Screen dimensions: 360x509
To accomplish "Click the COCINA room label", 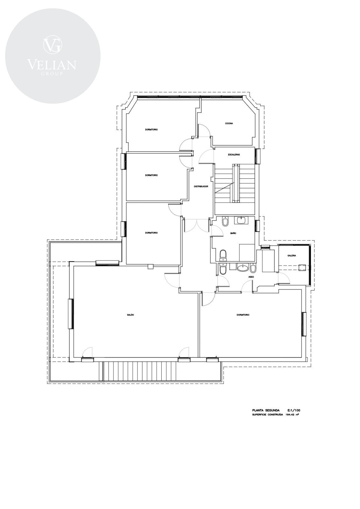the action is tap(229, 124).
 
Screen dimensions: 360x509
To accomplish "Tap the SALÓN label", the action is tap(130, 315).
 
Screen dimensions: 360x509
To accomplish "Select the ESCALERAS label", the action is tap(234, 155).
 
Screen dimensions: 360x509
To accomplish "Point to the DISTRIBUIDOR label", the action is tap(201, 186).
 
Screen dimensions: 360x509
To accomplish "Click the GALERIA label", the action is tap(292, 256).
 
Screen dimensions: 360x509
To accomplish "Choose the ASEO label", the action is tap(251, 277).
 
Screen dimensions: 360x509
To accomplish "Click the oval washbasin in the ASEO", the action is tap(243, 268).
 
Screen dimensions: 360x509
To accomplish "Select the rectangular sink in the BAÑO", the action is tap(241, 220).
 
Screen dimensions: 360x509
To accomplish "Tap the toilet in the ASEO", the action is tap(222, 269).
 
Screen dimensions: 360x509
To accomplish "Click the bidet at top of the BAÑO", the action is tap(225, 221).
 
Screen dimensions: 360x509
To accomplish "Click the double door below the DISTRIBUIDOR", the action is tap(197, 226).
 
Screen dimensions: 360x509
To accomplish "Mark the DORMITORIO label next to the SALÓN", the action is tap(243, 315).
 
